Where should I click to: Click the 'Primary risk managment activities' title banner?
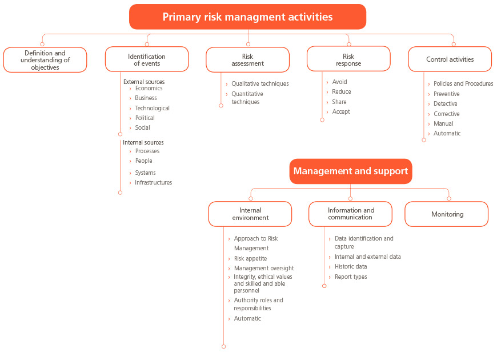tap(247, 17)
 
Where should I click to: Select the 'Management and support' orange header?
tap(351, 171)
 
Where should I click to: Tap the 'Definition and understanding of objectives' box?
tap(45, 60)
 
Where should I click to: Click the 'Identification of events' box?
tap(147, 59)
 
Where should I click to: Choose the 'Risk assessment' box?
tap(247, 60)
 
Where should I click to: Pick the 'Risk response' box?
tap(348, 59)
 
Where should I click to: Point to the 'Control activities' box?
tap(450, 59)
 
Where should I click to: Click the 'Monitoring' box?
tap(447, 214)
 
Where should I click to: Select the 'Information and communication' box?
tap(350, 214)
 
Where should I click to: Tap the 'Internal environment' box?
tap(250, 214)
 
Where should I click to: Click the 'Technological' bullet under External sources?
tap(152, 108)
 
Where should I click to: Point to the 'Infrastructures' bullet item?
tap(154, 182)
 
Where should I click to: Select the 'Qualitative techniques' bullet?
tap(260, 84)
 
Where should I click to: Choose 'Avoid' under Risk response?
tap(339, 82)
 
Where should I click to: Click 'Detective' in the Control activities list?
tap(446, 104)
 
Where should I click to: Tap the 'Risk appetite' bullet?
tap(250, 258)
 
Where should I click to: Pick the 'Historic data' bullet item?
tap(351, 267)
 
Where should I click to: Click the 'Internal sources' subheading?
tap(143, 143)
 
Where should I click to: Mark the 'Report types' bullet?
tap(351, 277)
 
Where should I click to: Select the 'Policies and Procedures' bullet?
tap(463, 84)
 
